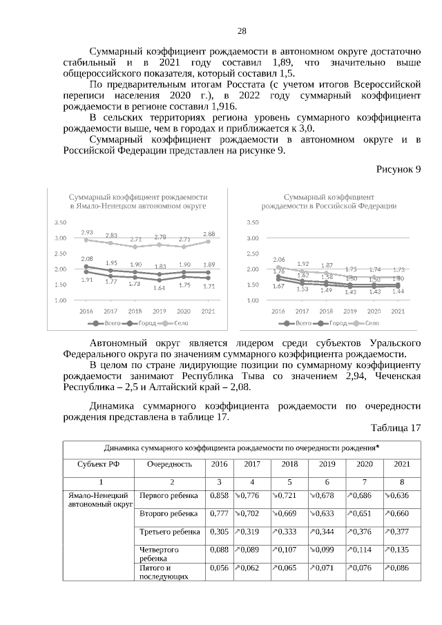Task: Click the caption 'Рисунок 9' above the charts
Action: coord(398,169)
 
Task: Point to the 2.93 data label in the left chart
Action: coord(87,232)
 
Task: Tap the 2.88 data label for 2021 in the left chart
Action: coord(209,233)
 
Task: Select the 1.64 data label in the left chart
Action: coord(160,287)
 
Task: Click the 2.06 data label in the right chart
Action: coord(279,259)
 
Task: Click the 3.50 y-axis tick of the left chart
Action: coord(60,222)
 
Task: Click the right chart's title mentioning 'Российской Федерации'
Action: coord(329,201)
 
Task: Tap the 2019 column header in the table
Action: coord(327,464)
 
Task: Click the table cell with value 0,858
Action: coord(219,496)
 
